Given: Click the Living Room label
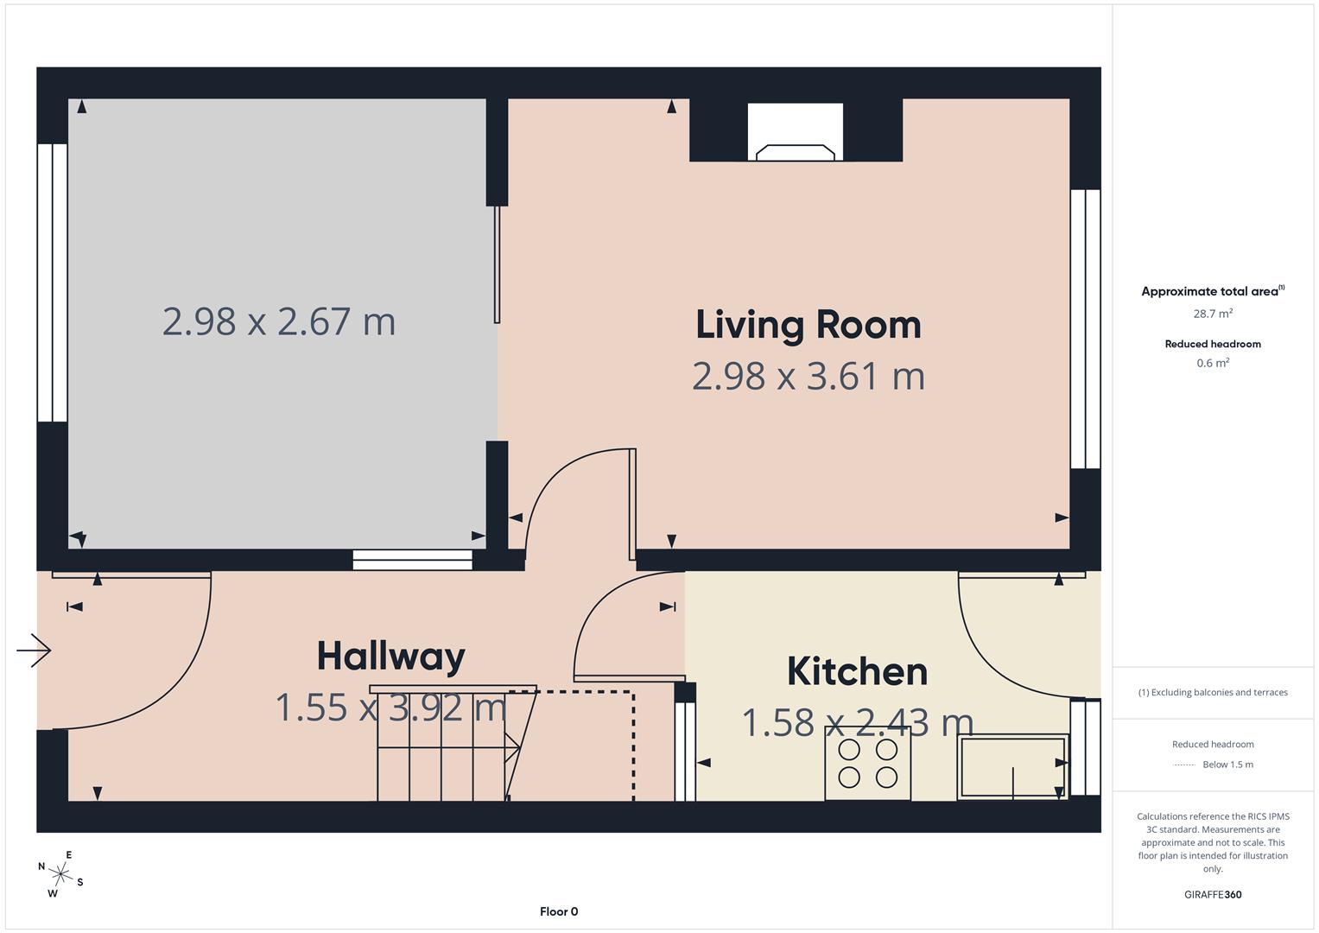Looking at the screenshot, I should point(808,325).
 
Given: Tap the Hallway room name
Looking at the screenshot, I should point(390,657).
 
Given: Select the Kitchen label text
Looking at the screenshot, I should point(857,672).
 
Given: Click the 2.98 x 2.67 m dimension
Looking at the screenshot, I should point(279,322).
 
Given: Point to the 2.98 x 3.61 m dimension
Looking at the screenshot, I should point(808,377).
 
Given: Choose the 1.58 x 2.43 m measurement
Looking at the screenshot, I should point(857,723).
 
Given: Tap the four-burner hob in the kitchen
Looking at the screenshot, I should point(867,764).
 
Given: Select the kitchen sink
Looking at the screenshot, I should point(1012,767).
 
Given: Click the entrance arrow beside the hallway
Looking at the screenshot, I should point(35,650).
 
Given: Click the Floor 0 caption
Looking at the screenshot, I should point(559,911).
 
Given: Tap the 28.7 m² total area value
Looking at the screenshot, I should point(1213,314).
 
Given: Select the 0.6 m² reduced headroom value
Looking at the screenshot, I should point(1213,364).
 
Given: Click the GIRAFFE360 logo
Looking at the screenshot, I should point(1213,894).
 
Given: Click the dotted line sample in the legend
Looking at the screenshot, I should point(1185,765).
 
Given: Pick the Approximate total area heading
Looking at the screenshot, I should point(1211,291).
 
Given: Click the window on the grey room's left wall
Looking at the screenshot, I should point(53,282).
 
